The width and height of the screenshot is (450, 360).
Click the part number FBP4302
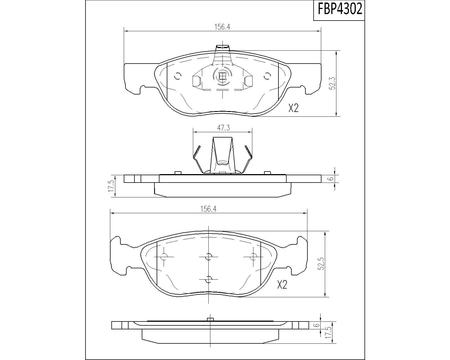tap(340, 9)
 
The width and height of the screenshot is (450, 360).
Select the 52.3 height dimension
tap(333, 84)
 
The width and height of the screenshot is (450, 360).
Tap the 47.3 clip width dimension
tap(223, 128)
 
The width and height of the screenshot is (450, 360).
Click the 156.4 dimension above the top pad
tap(222, 27)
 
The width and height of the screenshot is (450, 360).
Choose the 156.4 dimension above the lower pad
tap(208, 209)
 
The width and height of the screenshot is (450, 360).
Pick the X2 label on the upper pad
tap(293, 108)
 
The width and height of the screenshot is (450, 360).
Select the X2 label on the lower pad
tap(282, 285)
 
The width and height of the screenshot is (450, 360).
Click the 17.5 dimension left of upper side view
tap(111, 186)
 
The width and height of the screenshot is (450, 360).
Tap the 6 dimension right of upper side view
tap(331, 179)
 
